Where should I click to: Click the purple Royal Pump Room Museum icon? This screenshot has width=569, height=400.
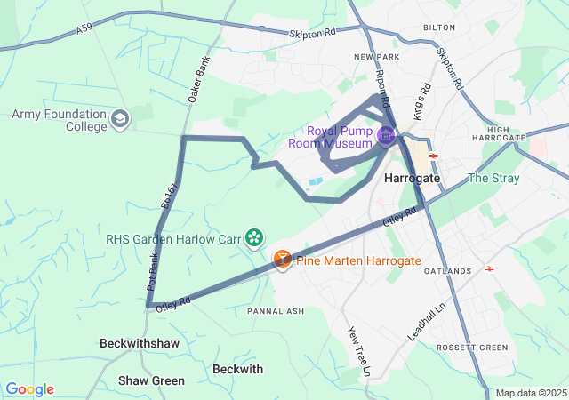pyautogui.click(x=386, y=136)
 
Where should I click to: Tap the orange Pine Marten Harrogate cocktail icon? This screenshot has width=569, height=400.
pyautogui.click(x=282, y=260)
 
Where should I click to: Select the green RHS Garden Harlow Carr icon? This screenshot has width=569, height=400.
pyautogui.click(x=255, y=236)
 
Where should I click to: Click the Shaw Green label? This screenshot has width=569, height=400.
pyautogui.click(x=151, y=380)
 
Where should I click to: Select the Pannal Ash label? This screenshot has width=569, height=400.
pyautogui.click(x=276, y=311)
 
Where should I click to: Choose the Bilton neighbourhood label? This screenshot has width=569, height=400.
pyautogui.click(x=439, y=28)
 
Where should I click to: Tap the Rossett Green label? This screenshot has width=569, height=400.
pyautogui.click(x=472, y=347)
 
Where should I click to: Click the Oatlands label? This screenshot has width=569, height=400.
pyautogui.click(x=447, y=270)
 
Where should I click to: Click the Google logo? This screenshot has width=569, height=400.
pyautogui.click(x=29, y=389)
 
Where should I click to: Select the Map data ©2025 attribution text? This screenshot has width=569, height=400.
pyautogui.click(x=530, y=393)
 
